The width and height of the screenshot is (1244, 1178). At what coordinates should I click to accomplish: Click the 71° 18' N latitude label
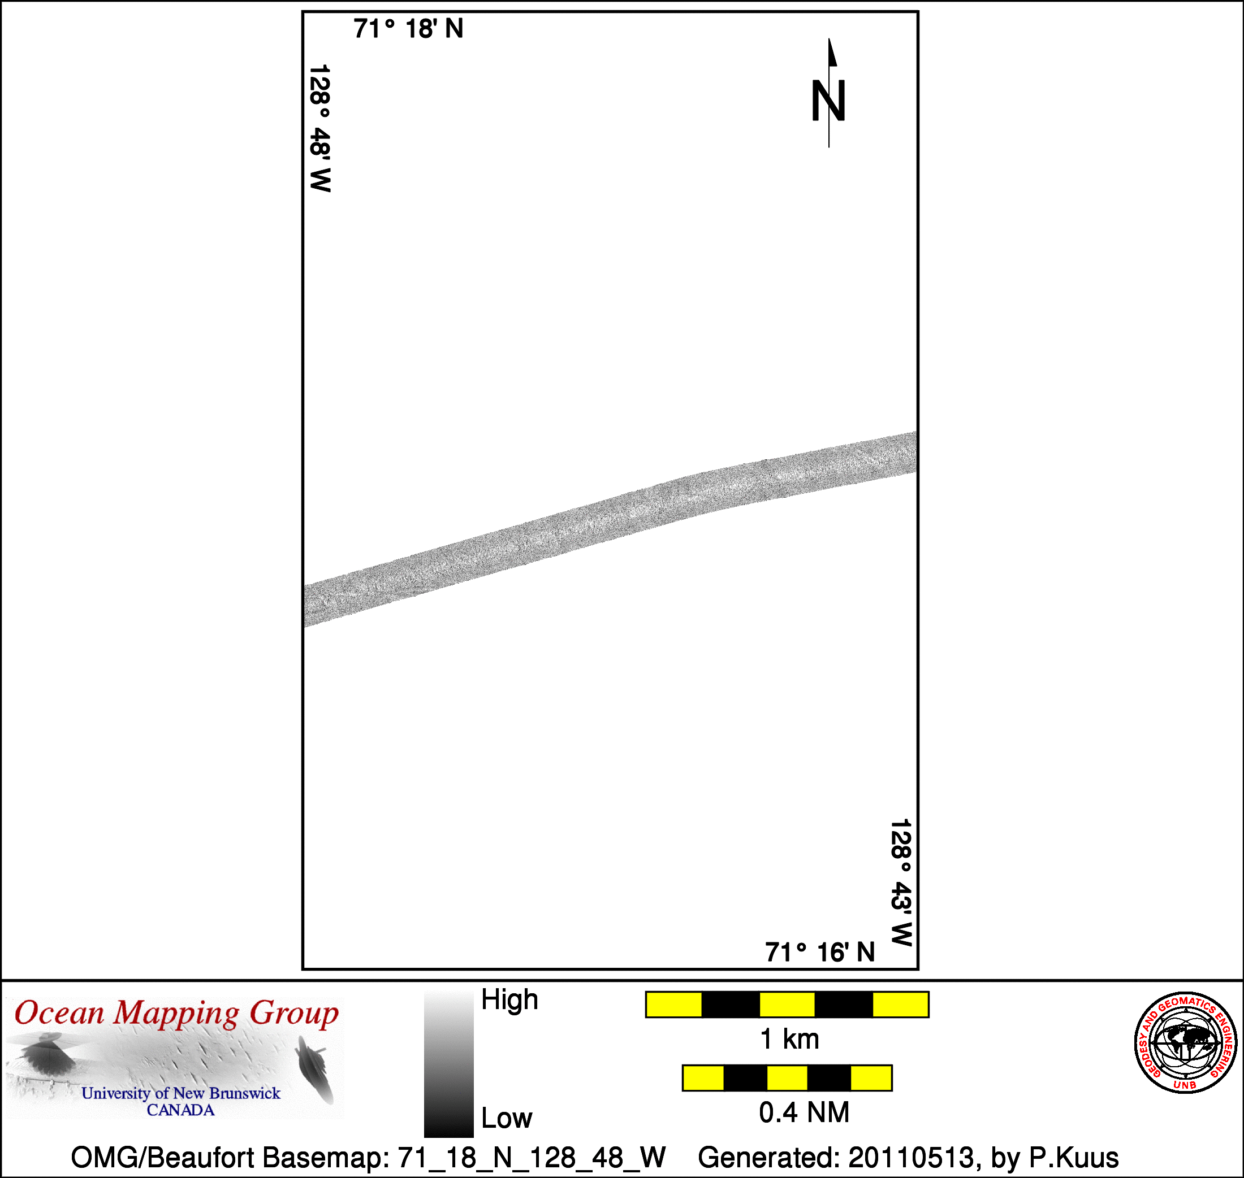pyautogui.click(x=408, y=29)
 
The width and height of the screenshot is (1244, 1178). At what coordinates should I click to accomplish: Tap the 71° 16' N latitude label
pyautogui.click(x=820, y=952)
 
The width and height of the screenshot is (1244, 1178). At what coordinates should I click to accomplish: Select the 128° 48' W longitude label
pyautogui.click(x=321, y=128)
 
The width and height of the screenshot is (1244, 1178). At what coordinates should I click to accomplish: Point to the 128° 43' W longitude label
pyautogui.click(x=901, y=883)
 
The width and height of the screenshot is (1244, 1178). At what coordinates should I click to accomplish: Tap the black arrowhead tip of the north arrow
pyautogui.click(x=829, y=39)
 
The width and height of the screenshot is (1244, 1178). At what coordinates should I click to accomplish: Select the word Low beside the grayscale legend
pyautogui.click(x=507, y=1118)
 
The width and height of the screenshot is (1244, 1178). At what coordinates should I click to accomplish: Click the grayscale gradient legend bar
pyautogui.click(x=448, y=1064)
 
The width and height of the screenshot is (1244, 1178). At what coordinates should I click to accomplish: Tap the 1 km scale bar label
pyautogui.click(x=790, y=1039)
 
